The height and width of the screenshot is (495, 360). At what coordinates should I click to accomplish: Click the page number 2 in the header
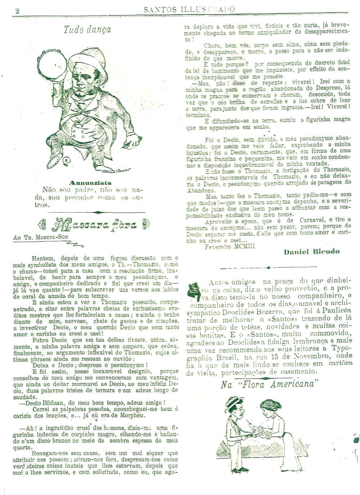(x=17, y=10)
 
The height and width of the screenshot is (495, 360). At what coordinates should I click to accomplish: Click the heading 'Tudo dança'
(x=87, y=29)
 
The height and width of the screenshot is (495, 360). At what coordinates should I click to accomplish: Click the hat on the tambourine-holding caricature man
(x=88, y=60)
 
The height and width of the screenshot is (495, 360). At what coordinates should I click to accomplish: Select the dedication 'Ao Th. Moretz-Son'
(x=40, y=238)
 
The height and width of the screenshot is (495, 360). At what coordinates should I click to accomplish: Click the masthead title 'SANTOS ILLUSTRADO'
(x=189, y=9)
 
